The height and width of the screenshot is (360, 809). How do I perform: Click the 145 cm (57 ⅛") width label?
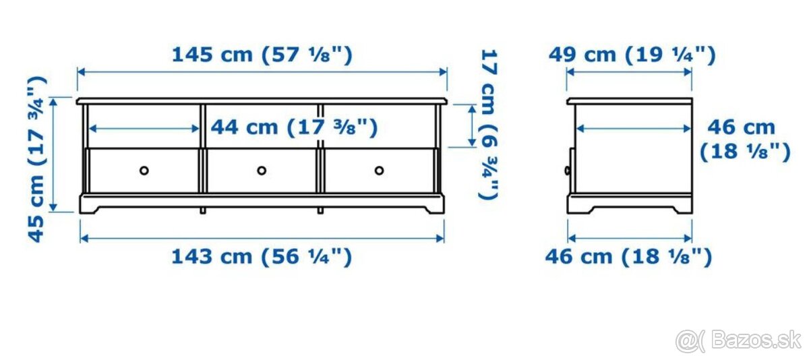pos(262,54)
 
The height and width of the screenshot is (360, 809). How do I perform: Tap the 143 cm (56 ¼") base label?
pos(262,256)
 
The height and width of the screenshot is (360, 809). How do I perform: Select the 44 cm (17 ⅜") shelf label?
pos(294,127)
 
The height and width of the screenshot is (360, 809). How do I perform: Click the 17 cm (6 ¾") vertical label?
pos(489,124)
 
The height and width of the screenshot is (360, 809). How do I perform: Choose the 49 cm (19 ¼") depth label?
pos(631,54)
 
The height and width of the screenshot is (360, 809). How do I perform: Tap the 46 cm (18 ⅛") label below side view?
pos(629,256)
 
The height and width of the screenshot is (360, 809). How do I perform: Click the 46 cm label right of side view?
pos(744,139)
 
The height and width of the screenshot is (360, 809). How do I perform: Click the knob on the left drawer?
pos(144,170)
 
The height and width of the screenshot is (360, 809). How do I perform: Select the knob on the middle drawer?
pos(262,170)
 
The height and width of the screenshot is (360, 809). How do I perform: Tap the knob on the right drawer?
pos(379,170)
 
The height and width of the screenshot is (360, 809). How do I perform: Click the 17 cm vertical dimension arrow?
pos(471,125)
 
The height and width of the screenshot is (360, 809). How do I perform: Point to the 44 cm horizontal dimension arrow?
pos(144,127)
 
